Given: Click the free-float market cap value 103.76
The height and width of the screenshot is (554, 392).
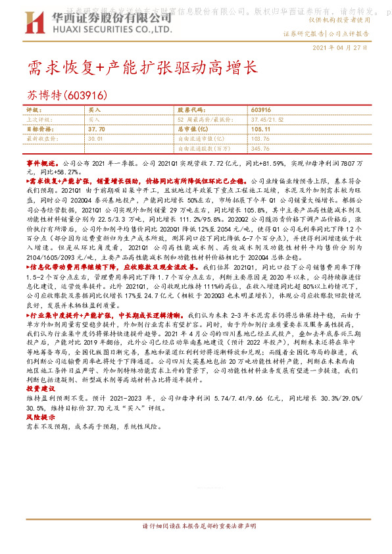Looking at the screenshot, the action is tap(260, 139).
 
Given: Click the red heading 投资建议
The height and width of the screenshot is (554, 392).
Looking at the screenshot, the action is tap(41, 388).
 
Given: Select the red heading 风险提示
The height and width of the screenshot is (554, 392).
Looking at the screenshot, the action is tap(41, 417).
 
